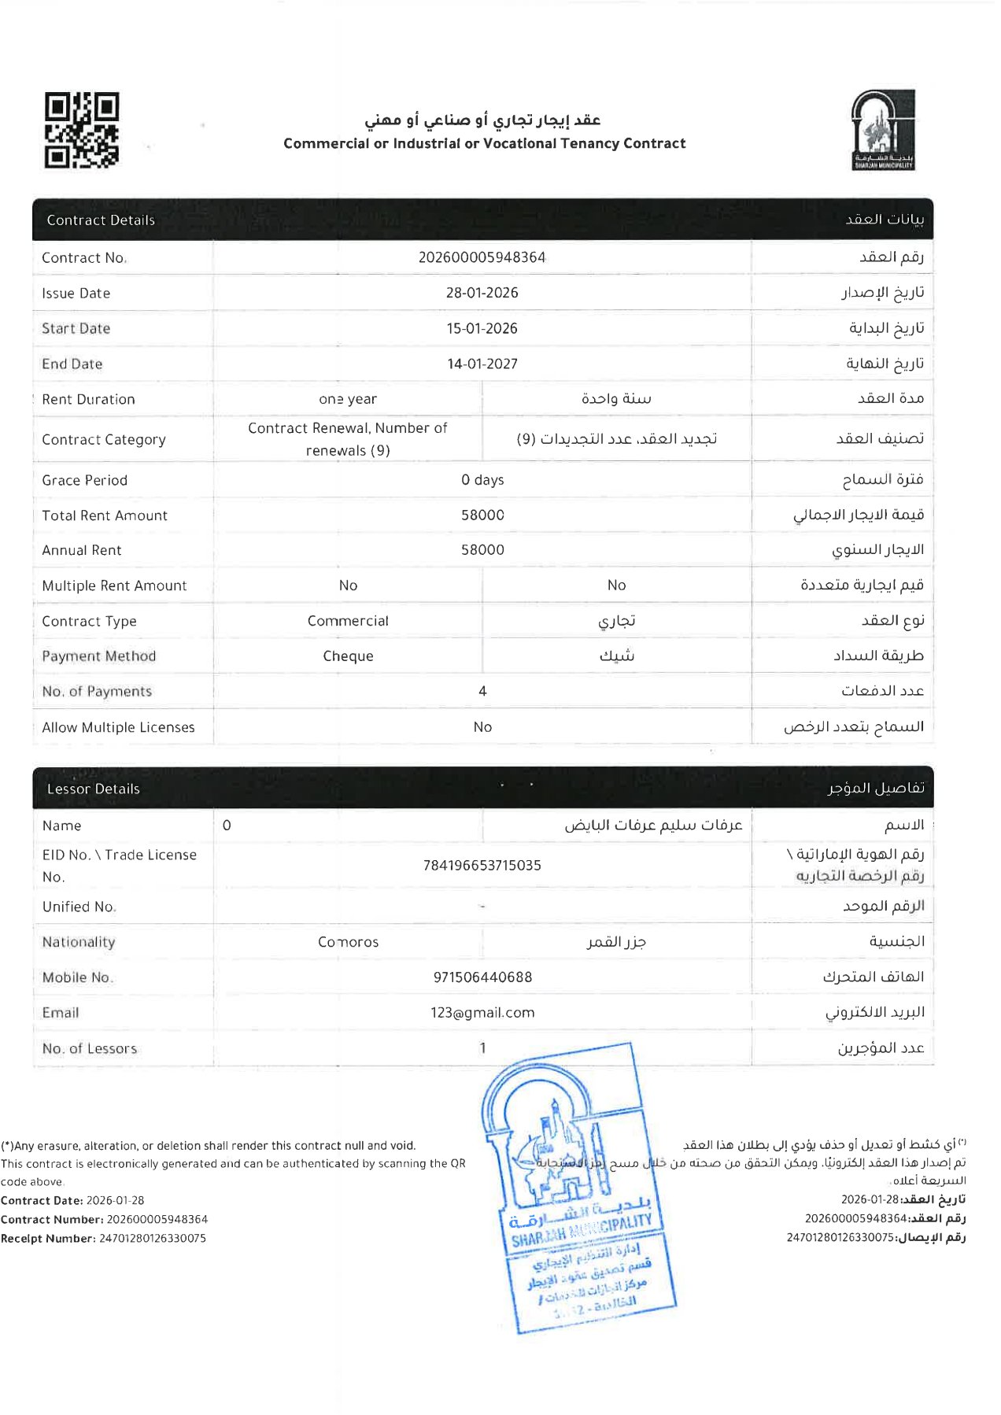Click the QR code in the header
point(82,130)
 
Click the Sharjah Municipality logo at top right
point(882,130)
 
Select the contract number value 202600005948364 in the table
point(482,257)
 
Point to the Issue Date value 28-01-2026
point(482,293)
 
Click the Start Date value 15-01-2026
point(482,328)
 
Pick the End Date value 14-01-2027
point(482,364)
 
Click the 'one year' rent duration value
point(348,399)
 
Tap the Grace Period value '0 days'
point(482,480)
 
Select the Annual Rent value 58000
point(482,550)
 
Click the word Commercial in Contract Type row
point(348,621)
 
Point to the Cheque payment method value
point(348,656)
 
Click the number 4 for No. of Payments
point(482,691)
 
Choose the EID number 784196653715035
point(482,866)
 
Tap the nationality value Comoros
point(348,942)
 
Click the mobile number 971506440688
point(482,977)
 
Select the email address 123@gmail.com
point(482,1013)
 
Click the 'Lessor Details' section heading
point(93,789)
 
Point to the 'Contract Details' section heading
point(101,220)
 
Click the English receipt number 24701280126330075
point(153,1238)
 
